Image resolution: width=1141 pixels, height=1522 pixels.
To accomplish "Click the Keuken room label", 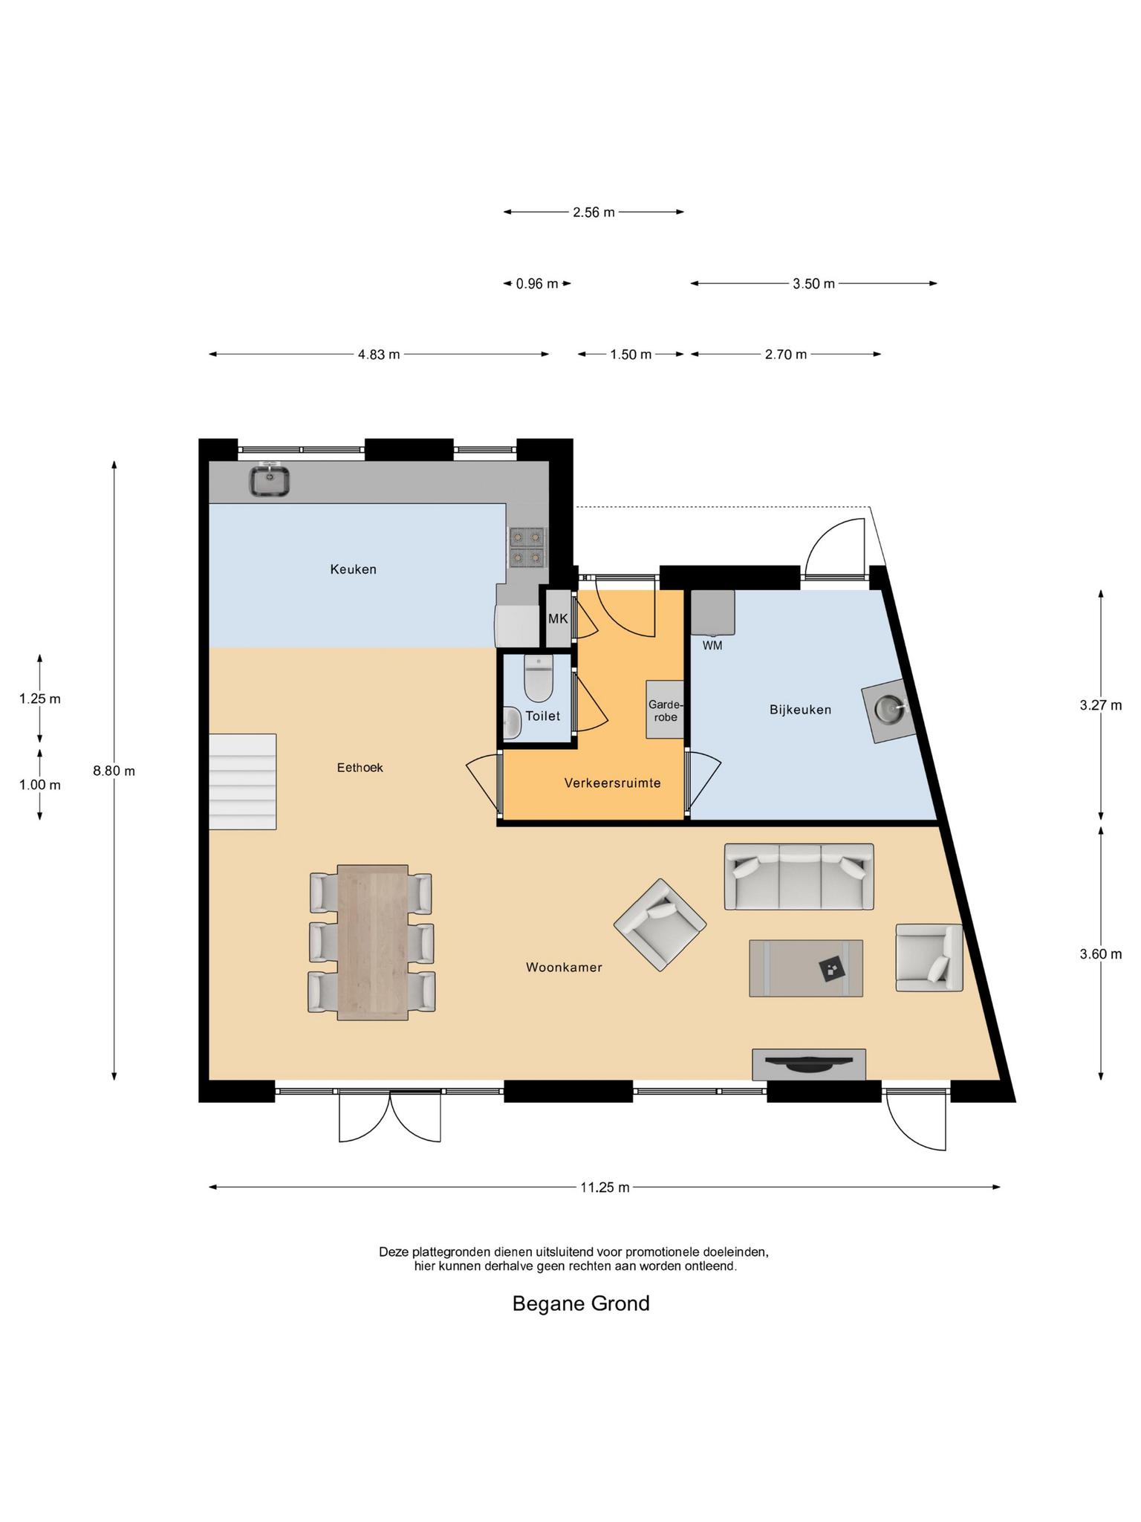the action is (x=353, y=570).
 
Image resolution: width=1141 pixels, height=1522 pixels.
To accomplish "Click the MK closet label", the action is (x=558, y=618).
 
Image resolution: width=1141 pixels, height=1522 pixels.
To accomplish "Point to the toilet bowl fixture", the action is (x=538, y=678).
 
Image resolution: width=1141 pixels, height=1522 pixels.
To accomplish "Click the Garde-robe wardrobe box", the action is (x=664, y=710).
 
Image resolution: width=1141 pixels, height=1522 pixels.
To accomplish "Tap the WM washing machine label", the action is (x=712, y=646).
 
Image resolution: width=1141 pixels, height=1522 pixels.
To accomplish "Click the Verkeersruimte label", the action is (x=612, y=783).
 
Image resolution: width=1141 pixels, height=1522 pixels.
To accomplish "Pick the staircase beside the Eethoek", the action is (x=242, y=782).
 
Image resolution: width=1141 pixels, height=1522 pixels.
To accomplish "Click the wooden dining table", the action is (x=372, y=942).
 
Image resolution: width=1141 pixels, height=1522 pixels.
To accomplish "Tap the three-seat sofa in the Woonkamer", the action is (x=799, y=876).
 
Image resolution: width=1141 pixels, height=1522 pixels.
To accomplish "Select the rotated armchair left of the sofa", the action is (x=660, y=924).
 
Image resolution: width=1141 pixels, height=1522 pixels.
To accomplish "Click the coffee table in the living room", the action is (x=806, y=968).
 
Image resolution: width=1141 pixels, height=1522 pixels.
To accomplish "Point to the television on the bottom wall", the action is (x=809, y=1064).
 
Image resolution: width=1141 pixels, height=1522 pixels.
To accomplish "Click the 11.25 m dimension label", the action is (x=605, y=1188).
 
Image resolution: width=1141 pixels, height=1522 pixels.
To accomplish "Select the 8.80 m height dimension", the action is (x=114, y=771).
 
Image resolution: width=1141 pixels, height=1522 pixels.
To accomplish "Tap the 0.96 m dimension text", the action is (x=537, y=283).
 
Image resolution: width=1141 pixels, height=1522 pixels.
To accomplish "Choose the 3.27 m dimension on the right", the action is (x=1101, y=705).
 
